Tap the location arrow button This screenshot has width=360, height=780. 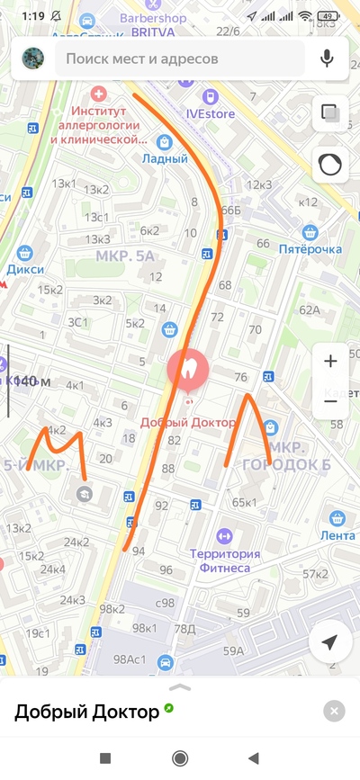click(329, 642)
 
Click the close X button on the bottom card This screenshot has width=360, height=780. click(333, 712)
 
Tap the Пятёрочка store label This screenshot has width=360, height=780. click(310, 248)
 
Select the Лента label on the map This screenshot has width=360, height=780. click(337, 536)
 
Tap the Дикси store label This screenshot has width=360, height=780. click(25, 268)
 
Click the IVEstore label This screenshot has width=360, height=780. click(210, 113)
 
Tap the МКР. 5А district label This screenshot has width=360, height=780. click(125, 256)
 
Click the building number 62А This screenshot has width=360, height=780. click(310, 310)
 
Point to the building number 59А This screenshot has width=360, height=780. click(234, 650)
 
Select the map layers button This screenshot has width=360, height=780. click(329, 113)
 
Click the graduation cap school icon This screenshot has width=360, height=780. click(84, 493)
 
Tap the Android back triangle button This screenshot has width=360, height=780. click(254, 758)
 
